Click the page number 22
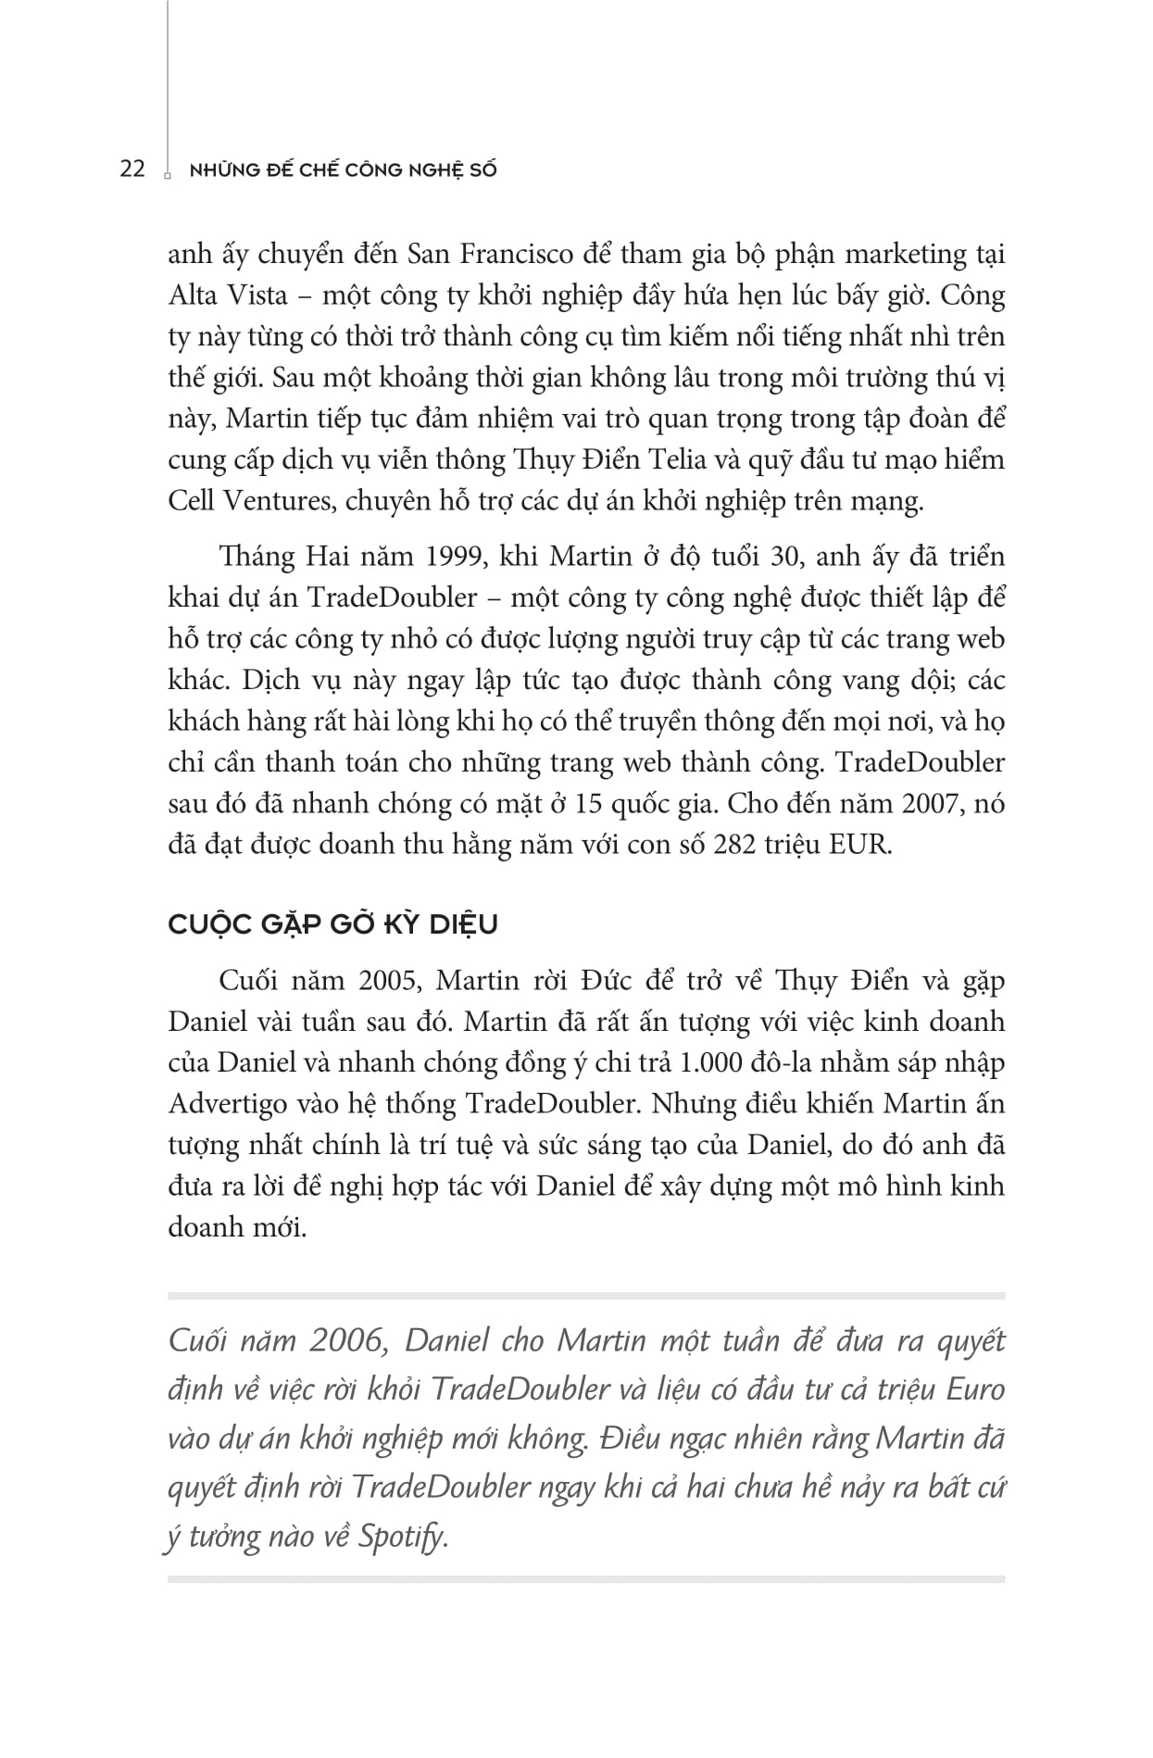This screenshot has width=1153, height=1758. coord(132,170)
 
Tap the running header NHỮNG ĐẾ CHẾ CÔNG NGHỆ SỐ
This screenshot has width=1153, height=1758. coord(343,170)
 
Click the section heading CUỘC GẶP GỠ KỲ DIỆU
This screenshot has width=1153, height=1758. coord(333,924)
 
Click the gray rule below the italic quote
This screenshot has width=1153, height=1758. coord(586,1579)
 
